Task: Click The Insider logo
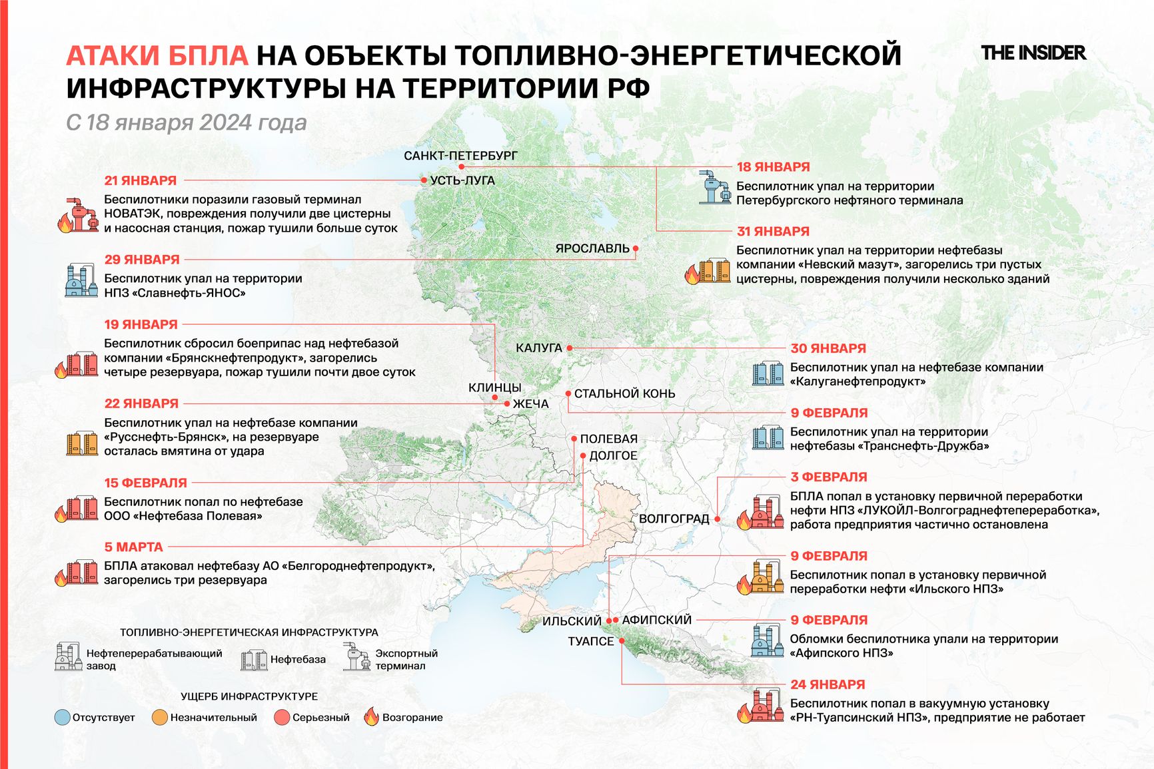pyautogui.click(x=1033, y=53)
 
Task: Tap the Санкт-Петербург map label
pyautogui.click(x=460, y=156)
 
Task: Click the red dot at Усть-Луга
pyautogui.click(x=424, y=180)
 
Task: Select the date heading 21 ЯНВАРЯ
pyautogui.click(x=141, y=180)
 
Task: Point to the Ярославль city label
pyautogui.click(x=592, y=248)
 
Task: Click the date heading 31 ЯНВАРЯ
pyautogui.click(x=773, y=232)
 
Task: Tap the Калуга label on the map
pyautogui.click(x=539, y=348)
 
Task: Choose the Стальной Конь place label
pyautogui.click(x=624, y=393)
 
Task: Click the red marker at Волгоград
pyautogui.click(x=718, y=519)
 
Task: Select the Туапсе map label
pyautogui.click(x=590, y=641)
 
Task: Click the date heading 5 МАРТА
pyautogui.click(x=134, y=547)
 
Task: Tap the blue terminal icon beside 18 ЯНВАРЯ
pyautogui.click(x=715, y=187)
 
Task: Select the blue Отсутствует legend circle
pyautogui.click(x=63, y=718)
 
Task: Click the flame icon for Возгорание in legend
pyautogui.click(x=371, y=717)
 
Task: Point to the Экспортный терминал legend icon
pyautogui.click(x=356, y=657)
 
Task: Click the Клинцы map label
pyautogui.click(x=494, y=387)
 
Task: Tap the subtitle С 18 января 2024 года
pyautogui.click(x=187, y=123)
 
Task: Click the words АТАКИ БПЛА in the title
pyautogui.click(x=157, y=56)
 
